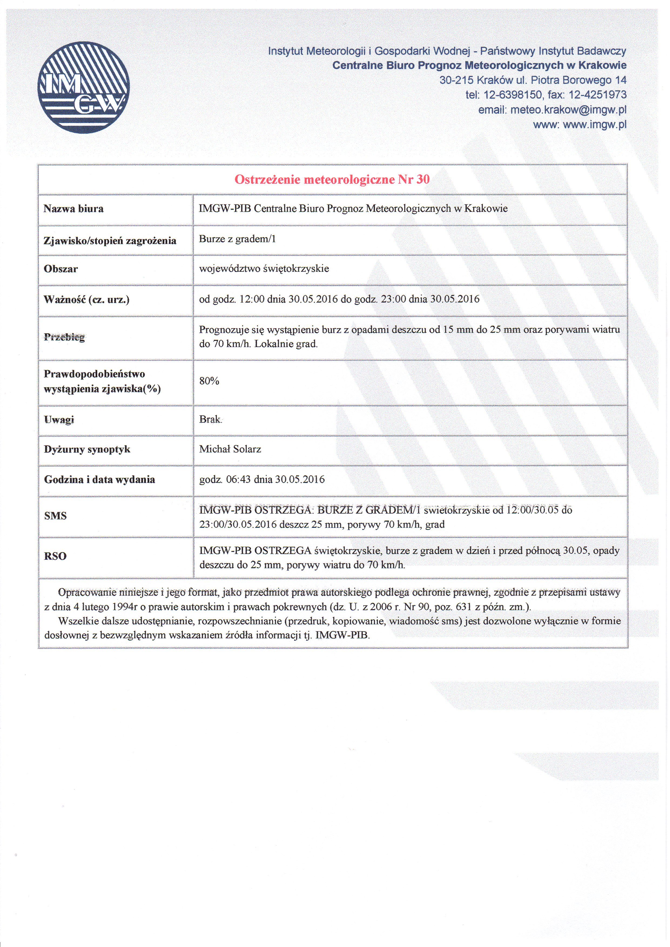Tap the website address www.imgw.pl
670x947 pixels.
point(594,125)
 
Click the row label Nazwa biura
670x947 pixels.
point(73,209)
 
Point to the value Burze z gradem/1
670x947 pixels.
point(237,239)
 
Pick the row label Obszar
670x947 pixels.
point(61,269)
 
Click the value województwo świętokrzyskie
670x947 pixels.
point(264,269)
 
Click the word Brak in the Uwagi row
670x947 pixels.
point(210,419)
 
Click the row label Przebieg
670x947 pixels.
point(64,337)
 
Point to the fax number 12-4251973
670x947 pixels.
point(597,95)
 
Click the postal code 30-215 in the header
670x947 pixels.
point(456,80)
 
